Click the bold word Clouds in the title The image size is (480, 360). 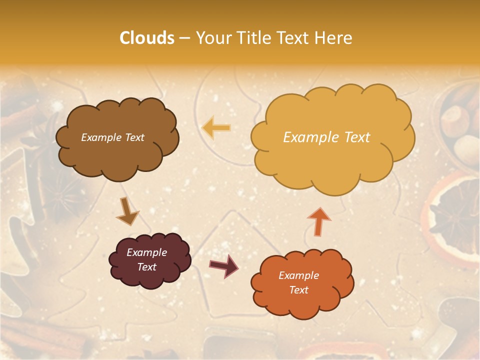point(147,38)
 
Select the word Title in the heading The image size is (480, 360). point(250,38)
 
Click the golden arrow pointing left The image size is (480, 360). point(216,128)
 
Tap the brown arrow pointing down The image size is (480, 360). point(127,211)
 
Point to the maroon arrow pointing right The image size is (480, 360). point(223,265)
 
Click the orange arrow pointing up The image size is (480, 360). point(319,221)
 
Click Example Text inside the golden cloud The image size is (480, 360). point(326,137)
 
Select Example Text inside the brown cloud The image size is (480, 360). point(112,137)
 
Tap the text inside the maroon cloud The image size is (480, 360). point(147,259)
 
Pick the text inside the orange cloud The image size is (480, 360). point(298,282)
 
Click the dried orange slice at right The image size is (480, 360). point(452,215)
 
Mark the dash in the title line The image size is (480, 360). point(184,38)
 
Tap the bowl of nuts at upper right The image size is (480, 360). point(457,122)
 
